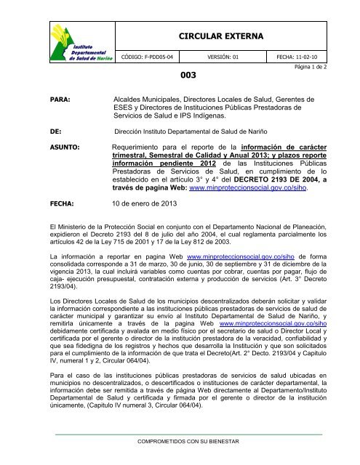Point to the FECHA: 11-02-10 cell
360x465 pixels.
tap(301, 54)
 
